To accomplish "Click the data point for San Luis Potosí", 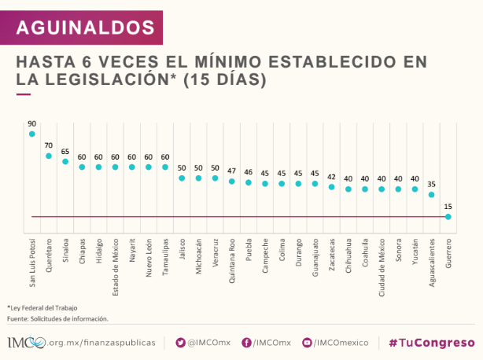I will click(31, 134).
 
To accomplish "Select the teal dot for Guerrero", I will click(448, 216).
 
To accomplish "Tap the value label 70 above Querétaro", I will click(48, 145).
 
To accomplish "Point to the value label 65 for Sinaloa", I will click(65, 151).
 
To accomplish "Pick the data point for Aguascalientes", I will click(431, 194).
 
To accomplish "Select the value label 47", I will click(231, 171).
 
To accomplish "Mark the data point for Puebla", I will click(248, 182).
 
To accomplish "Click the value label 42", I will click(331, 176).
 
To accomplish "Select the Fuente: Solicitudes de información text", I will click(57, 318).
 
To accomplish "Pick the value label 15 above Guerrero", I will click(448, 206).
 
